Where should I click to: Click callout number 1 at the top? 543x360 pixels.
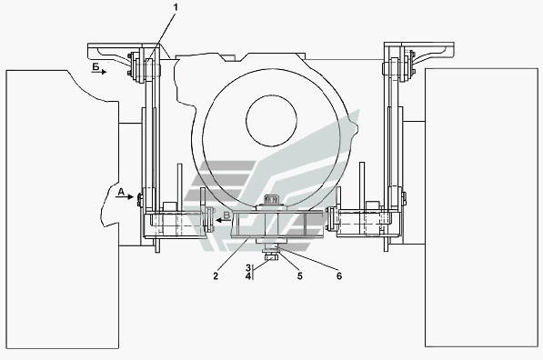tap(176, 7)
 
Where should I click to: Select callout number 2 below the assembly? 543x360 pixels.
tap(216, 275)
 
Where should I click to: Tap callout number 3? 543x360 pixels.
tap(248, 268)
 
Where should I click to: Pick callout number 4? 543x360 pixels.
tap(248, 276)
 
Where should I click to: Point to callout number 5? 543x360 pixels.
tap(300, 275)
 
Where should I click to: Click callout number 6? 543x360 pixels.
tap(339, 275)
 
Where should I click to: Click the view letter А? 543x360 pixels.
tap(121, 192)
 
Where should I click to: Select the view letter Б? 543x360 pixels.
tap(96, 66)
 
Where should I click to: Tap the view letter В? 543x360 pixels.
tap(226, 215)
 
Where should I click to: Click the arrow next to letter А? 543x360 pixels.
tap(125, 197)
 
